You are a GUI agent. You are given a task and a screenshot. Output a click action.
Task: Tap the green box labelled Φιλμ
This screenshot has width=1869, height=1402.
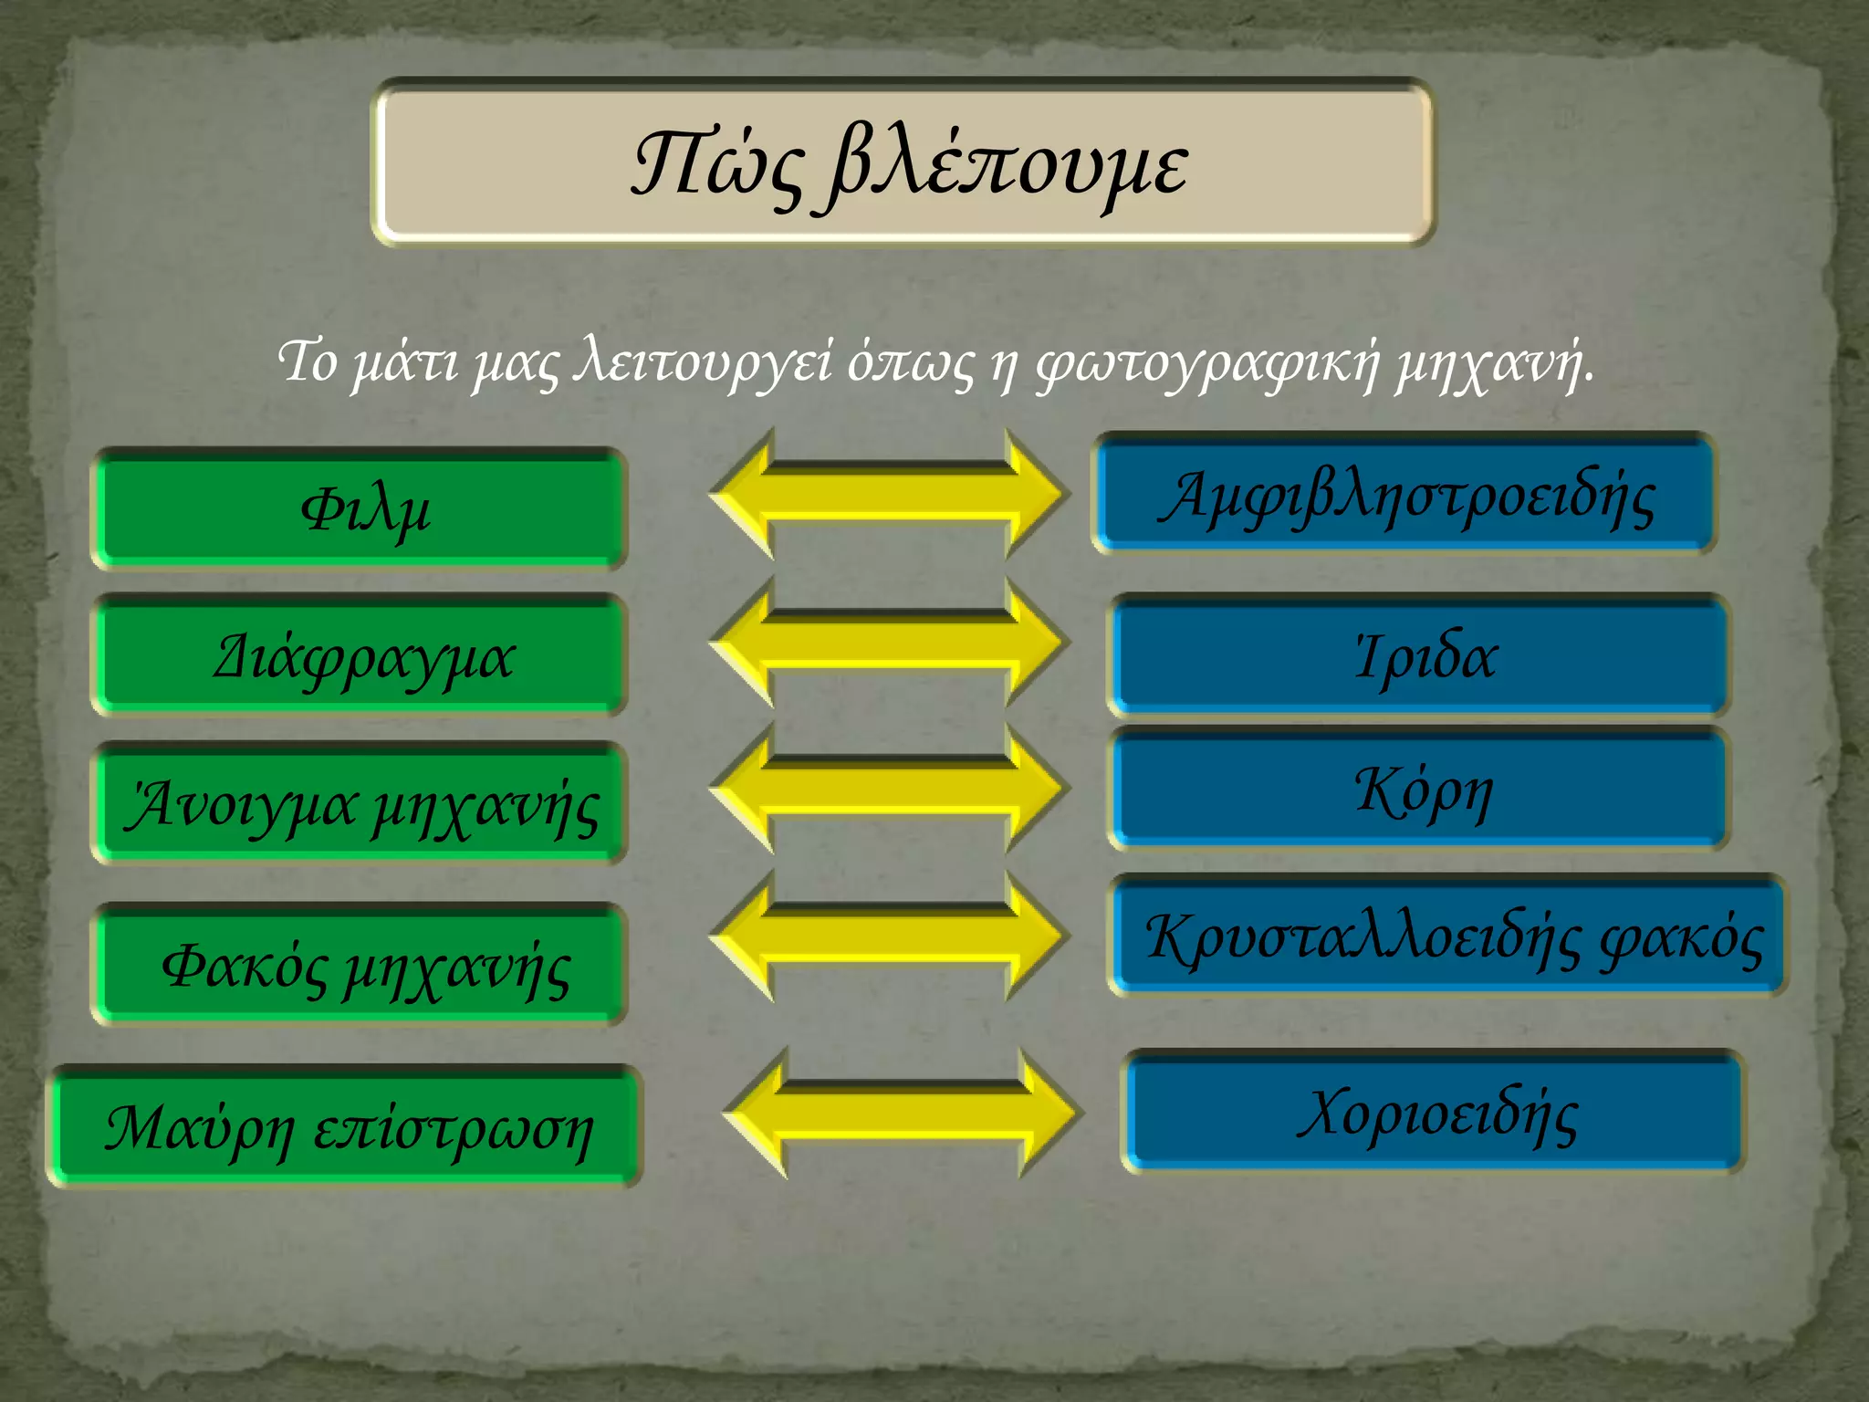pos(360,508)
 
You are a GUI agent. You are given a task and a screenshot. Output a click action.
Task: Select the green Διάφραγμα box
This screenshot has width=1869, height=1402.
pos(360,654)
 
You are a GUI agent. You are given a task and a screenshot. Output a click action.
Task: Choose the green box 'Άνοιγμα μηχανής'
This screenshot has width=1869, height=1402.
pos(360,803)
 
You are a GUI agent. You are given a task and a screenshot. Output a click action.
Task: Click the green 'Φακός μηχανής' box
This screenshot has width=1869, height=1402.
pos(360,965)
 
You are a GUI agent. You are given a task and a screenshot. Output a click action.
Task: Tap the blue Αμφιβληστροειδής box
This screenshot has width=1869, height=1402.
pos(1404,494)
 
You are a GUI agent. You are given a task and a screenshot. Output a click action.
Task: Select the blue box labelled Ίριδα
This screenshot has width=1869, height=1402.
pos(1420,654)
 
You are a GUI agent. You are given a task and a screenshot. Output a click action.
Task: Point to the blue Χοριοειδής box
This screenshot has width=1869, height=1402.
pos(1433,1112)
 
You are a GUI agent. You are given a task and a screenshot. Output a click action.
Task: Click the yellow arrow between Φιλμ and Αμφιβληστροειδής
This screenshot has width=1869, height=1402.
pos(887,494)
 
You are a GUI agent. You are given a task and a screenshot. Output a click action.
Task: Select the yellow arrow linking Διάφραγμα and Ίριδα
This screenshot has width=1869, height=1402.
pos(887,642)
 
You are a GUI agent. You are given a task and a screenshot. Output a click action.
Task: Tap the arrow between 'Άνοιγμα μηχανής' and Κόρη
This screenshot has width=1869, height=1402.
pos(887,788)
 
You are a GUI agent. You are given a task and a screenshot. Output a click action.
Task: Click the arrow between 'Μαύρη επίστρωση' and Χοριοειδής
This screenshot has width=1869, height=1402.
pos(902,1113)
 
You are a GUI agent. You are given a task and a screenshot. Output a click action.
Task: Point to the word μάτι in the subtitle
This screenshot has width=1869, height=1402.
pos(405,361)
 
